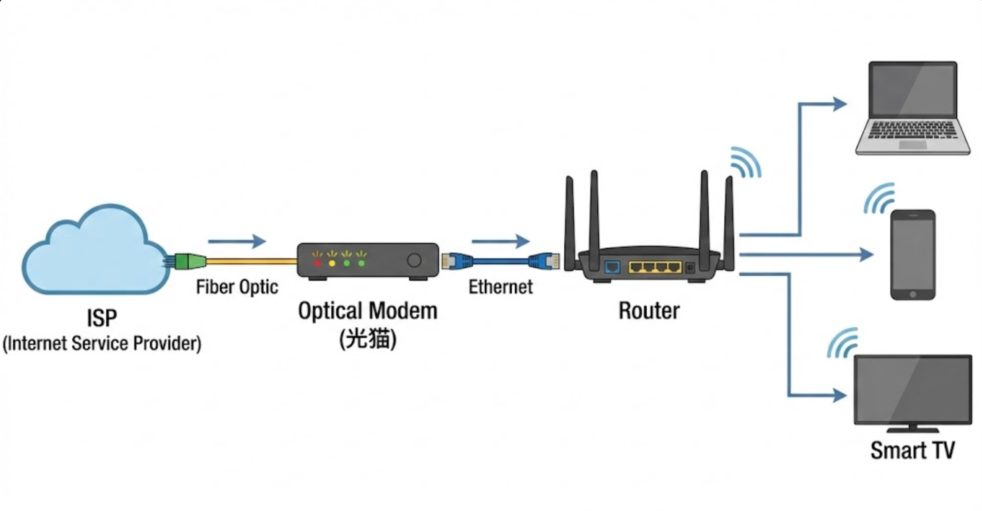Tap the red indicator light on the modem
317,263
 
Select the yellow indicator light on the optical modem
332,263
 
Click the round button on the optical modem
414,260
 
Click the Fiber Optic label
237,287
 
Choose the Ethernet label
500,287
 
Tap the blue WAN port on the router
612,267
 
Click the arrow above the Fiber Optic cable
237,241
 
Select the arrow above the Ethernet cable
500,241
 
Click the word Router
649,311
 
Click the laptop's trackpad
913,145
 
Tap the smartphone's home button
913,294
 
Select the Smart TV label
913,450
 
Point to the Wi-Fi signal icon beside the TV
843,343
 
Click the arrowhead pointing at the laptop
840,104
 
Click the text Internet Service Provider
102,343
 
